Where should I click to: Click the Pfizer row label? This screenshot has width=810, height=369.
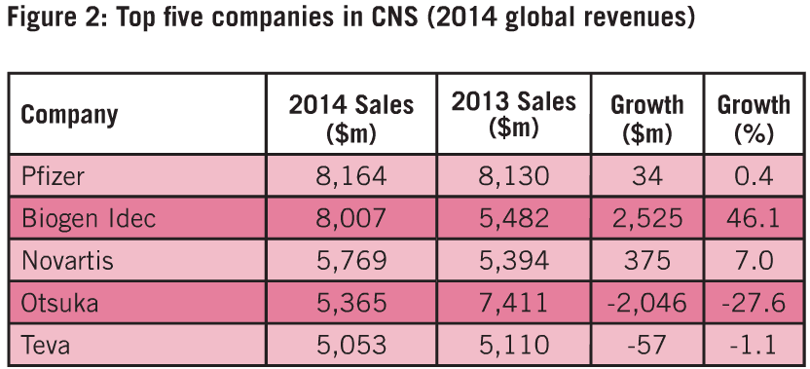(52, 176)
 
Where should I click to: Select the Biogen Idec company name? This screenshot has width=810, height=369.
(89, 218)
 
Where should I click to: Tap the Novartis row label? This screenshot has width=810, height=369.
(67, 260)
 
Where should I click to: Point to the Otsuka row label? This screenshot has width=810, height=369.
(59, 303)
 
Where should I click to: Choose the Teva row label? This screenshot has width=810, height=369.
(46, 345)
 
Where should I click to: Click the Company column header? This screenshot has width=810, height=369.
(69, 115)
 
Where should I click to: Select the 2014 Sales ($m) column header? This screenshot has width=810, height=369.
(351, 117)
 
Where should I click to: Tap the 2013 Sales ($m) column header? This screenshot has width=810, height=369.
(513, 115)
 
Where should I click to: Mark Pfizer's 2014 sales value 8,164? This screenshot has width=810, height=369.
(350, 177)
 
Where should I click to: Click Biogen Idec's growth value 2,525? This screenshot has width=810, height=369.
(646, 219)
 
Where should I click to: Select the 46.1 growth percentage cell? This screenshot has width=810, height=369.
(755, 219)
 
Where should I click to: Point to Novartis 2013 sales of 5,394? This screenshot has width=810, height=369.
(513, 261)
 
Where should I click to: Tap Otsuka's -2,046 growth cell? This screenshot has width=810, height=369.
(646, 303)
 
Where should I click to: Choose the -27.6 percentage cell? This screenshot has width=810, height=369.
(754, 303)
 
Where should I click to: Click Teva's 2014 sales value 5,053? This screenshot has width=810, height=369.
(350, 346)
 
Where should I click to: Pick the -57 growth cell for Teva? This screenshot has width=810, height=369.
(646, 345)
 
